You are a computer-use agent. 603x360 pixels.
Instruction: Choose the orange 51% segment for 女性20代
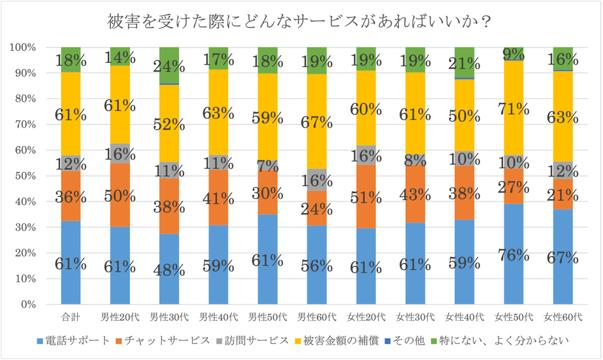coord(366,196)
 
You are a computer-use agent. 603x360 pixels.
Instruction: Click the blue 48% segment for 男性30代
coord(169,269)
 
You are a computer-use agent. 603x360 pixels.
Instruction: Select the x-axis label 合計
coord(71,317)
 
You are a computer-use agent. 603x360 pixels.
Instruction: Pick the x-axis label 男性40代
coord(218,317)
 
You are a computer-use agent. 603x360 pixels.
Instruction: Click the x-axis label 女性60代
coord(562,317)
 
